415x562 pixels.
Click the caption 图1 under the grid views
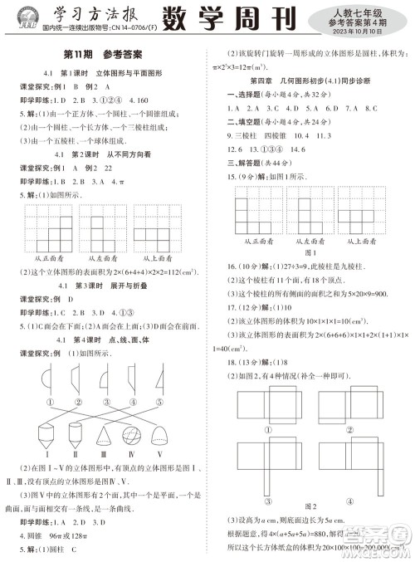pyautogui.click(x=310, y=252)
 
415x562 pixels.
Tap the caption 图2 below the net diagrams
pyautogui.click(x=310, y=506)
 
